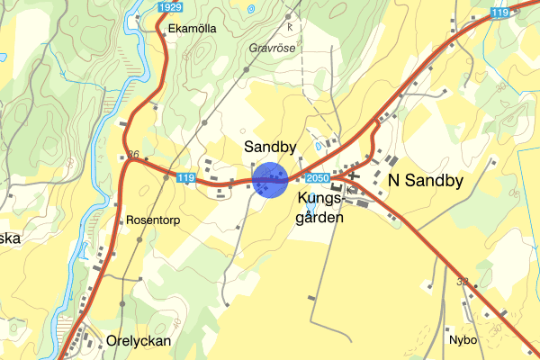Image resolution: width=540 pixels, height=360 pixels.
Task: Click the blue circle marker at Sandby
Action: (269, 179)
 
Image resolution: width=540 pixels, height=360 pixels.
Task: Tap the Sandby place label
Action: (270, 146)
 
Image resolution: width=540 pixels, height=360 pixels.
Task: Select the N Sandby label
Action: (425, 181)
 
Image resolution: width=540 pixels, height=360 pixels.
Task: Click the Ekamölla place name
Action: (192, 29)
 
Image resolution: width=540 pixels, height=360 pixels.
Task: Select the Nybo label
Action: (462, 341)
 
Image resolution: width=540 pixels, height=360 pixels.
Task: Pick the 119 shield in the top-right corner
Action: (500, 12)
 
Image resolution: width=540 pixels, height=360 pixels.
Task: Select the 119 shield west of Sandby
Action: (186, 178)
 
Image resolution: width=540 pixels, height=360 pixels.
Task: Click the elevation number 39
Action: (463, 282)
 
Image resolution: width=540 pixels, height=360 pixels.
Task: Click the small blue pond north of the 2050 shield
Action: (317, 145)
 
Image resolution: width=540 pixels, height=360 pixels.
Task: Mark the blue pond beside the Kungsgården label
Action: (310, 209)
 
